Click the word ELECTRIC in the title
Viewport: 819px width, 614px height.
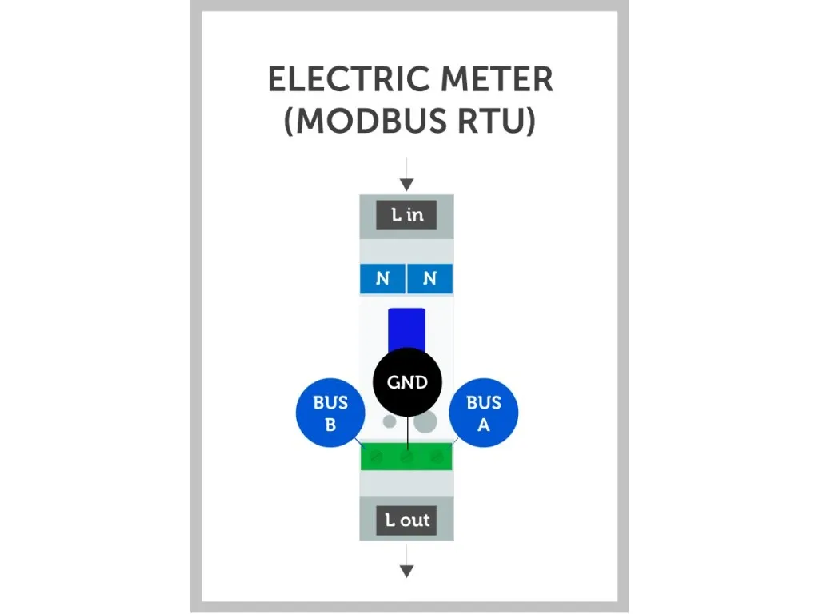pyautogui.click(x=335, y=80)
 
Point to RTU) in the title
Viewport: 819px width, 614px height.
pyautogui.click(x=496, y=122)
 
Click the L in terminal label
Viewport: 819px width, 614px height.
pyautogui.click(x=406, y=215)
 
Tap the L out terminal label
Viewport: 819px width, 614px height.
pyautogui.click(x=406, y=520)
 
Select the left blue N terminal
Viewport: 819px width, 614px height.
pyautogui.click(x=382, y=279)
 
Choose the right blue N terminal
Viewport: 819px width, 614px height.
pyautogui.click(x=429, y=279)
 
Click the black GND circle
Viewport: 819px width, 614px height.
pyautogui.click(x=407, y=382)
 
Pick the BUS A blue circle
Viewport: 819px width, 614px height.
pyautogui.click(x=483, y=413)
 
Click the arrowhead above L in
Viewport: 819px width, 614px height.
pyautogui.click(x=406, y=185)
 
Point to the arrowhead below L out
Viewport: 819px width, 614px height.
pyautogui.click(x=406, y=571)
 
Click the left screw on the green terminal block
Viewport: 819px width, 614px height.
pyautogui.click(x=377, y=457)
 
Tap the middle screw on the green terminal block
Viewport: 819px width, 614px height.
pyautogui.click(x=406, y=458)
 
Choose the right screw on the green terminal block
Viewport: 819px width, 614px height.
pyautogui.click(x=436, y=457)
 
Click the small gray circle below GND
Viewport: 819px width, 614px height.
pyautogui.click(x=389, y=421)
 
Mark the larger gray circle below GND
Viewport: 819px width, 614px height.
pyautogui.click(x=425, y=421)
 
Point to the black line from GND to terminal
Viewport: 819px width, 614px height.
pyautogui.click(x=407, y=432)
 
